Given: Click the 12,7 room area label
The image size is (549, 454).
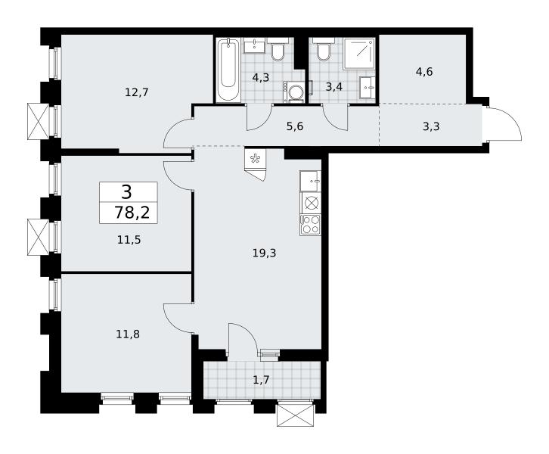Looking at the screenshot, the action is pyautogui.click(x=137, y=92).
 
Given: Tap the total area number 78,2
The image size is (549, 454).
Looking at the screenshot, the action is pyautogui.click(x=132, y=213).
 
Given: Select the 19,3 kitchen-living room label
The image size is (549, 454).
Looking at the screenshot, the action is pyautogui.click(x=265, y=253).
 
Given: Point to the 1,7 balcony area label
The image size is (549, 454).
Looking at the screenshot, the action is pyautogui.click(x=261, y=379).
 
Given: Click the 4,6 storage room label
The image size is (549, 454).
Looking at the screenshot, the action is pyautogui.click(x=424, y=72).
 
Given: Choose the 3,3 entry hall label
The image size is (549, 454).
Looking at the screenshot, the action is pyautogui.click(x=431, y=126).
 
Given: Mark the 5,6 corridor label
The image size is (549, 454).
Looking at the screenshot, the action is pyautogui.click(x=295, y=126).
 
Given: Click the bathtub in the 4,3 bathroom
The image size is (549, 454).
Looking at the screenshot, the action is pyautogui.click(x=228, y=70).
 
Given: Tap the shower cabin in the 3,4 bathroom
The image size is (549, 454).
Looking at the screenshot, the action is pyautogui.click(x=359, y=54).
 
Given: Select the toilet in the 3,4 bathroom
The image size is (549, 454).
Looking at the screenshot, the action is pyautogui.click(x=324, y=49).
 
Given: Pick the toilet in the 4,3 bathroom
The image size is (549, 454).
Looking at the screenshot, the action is pyautogui.click(x=278, y=49).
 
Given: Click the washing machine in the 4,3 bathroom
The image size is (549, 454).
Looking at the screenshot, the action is pyautogui.click(x=294, y=92).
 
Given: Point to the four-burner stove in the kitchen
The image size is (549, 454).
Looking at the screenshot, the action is pyautogui.click(x=311, y=225).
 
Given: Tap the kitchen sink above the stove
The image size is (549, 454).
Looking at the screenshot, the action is pyautogui.click(x=311, y=181).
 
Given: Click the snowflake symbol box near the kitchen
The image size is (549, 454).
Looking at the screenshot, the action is pyautogui.click(x=256, y=159).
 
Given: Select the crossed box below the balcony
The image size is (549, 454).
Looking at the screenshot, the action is pyautogui.click(x=295, y=416).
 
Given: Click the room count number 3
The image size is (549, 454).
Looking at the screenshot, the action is pyautogui.click(x=127, y=192).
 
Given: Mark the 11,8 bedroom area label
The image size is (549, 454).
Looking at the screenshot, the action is pyautogui.click(x=128, y=334).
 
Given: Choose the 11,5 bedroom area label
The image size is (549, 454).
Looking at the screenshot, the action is pyautogui.click(x=129, y=240).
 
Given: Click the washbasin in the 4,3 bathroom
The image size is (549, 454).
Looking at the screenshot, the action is pyautogui.click(x=254, y=45).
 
